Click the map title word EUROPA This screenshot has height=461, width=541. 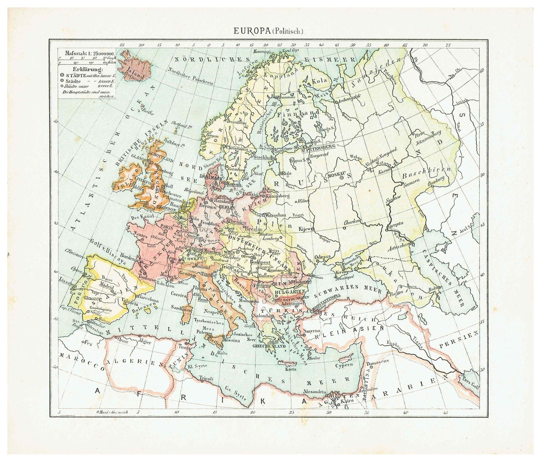252,31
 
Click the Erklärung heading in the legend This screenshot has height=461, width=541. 87,69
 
